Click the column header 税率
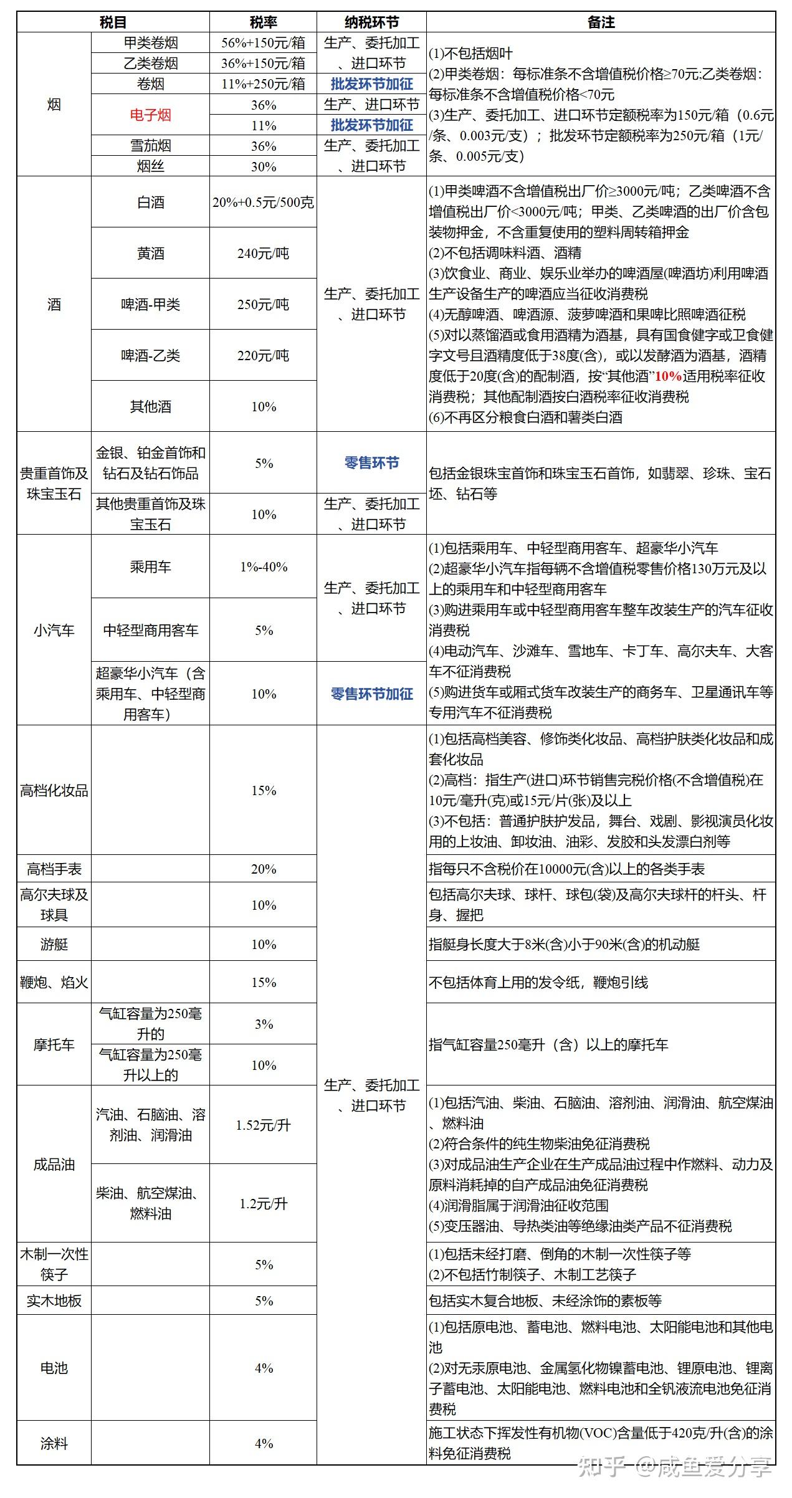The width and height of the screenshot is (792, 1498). click(x=263, y=22)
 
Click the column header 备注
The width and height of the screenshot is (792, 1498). click(x=601, y=22)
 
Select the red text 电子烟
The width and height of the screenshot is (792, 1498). click(x=150, y=115)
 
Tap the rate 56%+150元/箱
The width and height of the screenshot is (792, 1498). click(x=263, y=42)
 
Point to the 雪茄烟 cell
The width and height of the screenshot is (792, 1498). click(x=150, y=146)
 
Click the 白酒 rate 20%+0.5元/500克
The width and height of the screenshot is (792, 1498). click(x=263, y=203)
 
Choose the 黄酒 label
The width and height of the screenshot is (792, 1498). click(x=150, y=253)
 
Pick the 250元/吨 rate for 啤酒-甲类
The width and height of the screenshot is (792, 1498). click(x=263, y=304)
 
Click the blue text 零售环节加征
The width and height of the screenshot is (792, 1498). click(x=371, y=694)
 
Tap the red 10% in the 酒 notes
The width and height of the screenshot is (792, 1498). click(x=668, y=376)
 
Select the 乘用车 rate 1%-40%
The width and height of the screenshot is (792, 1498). click(x=263, y=566)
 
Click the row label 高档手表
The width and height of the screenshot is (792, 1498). click(x=54, y=869)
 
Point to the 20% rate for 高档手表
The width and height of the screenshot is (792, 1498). click(x=263, y=869)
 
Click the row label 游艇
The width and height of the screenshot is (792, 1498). click(x=54, y=944)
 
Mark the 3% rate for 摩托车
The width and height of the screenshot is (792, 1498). click(x=263, y=1024)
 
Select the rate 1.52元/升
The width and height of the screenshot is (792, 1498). click(x=263, y=1125)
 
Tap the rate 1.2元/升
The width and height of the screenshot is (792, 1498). click(x=263, y=1203)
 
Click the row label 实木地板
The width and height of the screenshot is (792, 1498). click(x=54, y=1300)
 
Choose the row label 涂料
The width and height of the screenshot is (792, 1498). click(x=54, y=1443)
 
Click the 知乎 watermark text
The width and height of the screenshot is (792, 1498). click(x=602, y=1467)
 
